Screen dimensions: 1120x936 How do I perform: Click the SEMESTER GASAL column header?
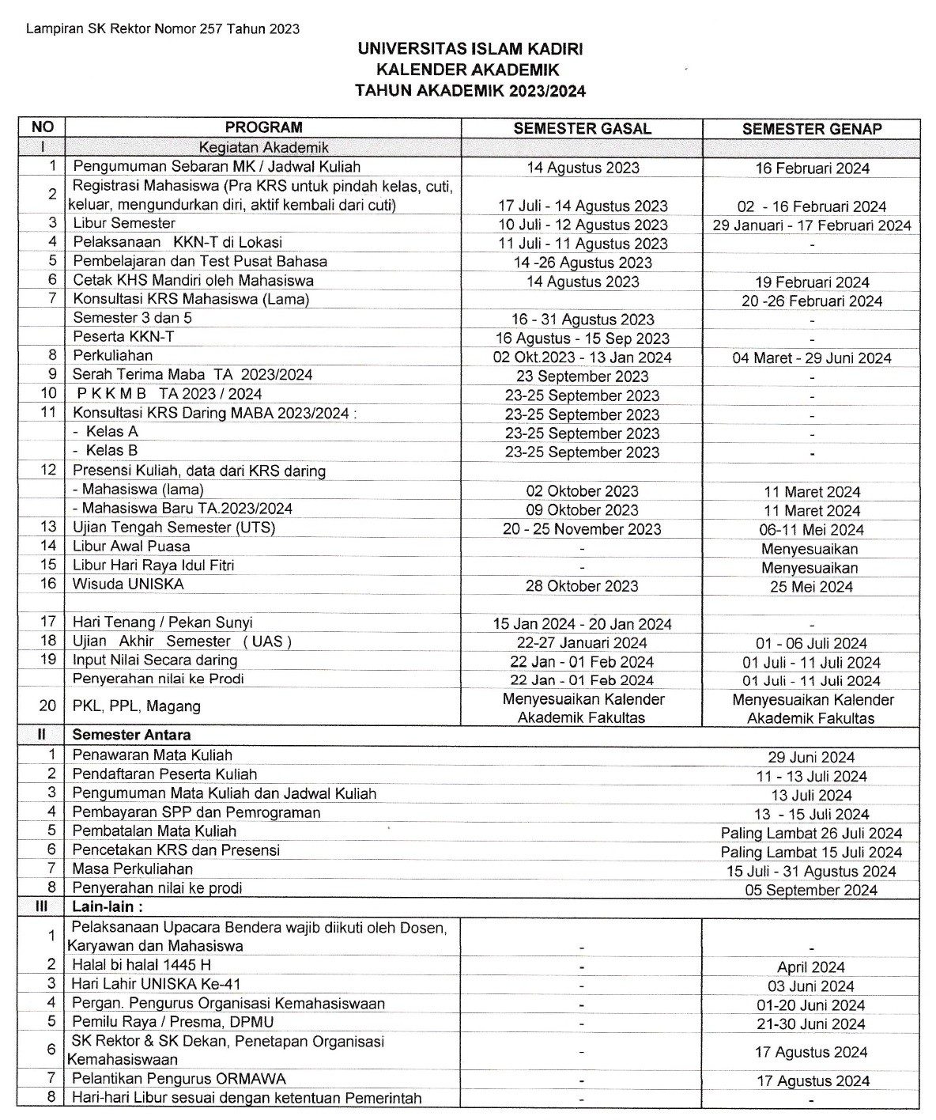tap(582, 129)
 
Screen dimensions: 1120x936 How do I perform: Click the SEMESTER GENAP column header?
tap(811, 129)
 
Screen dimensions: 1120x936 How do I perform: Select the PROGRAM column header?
tap(263, 127)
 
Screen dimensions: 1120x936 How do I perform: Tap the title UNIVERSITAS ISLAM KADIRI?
tap(470, 49)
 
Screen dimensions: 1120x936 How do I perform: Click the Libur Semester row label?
tap(123, 223)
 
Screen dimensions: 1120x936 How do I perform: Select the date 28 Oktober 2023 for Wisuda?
tap(582, 586)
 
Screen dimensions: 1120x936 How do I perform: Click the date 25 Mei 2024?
tap(811, 587)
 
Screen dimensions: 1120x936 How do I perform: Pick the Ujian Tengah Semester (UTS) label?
tap(174, 528)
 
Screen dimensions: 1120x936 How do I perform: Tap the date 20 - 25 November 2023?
tap(582, 529)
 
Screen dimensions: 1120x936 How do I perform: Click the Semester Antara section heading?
tap(131, 735)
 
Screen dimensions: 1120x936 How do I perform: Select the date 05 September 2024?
tap(811, 891)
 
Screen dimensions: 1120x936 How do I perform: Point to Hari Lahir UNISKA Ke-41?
tap(156, 985)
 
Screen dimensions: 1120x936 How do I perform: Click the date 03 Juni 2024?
tap(811, 986)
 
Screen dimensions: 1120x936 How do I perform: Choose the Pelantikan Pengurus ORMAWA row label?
tap(179, 1079)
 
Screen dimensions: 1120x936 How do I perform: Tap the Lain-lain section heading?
tap(108, 907)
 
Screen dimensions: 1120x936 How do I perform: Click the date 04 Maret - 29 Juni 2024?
tap(811, 358)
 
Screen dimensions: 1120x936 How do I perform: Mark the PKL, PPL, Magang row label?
tap(136, 706)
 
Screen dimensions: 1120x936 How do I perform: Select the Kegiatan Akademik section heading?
tap(263, 147)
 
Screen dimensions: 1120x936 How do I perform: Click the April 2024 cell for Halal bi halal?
tap(811, 967)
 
